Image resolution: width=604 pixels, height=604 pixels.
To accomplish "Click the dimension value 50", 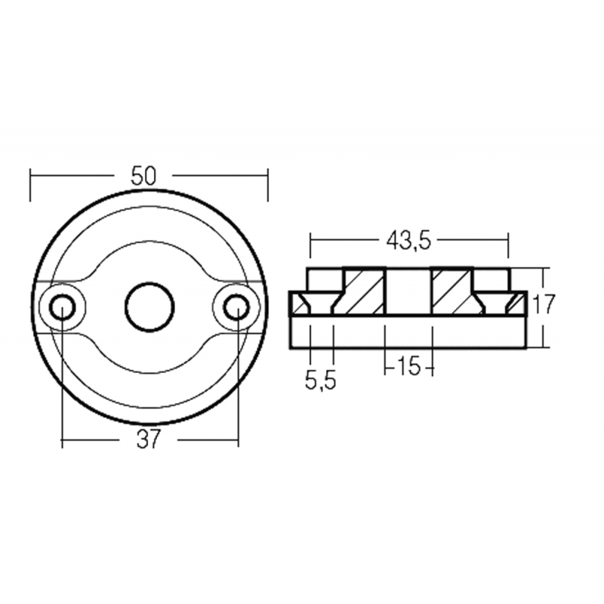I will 143,176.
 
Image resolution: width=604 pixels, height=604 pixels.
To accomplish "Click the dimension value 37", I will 149,439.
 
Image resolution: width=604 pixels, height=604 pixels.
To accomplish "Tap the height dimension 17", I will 544,305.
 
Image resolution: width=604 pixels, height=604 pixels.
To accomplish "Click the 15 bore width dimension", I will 408,368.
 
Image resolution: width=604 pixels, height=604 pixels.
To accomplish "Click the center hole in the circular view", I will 149,307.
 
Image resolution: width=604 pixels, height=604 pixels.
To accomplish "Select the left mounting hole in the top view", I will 63,307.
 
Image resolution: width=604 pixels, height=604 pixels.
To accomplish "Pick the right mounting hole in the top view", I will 236,307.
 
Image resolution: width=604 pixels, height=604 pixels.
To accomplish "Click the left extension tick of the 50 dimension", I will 30,185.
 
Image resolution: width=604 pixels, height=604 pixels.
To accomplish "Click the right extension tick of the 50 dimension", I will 268,185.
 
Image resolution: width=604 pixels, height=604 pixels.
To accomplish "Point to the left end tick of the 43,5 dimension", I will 310,246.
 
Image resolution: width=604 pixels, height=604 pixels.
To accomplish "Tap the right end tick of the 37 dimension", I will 238,439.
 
